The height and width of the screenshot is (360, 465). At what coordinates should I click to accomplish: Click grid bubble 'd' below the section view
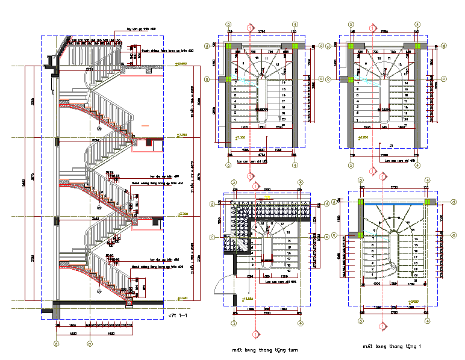56,344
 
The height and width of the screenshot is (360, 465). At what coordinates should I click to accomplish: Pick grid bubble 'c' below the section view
89,344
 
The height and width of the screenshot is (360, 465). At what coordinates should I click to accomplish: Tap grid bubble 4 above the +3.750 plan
417,25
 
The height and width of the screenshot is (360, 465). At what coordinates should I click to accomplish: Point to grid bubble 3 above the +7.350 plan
229,25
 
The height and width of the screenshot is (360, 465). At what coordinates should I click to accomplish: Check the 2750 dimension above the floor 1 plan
394,188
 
